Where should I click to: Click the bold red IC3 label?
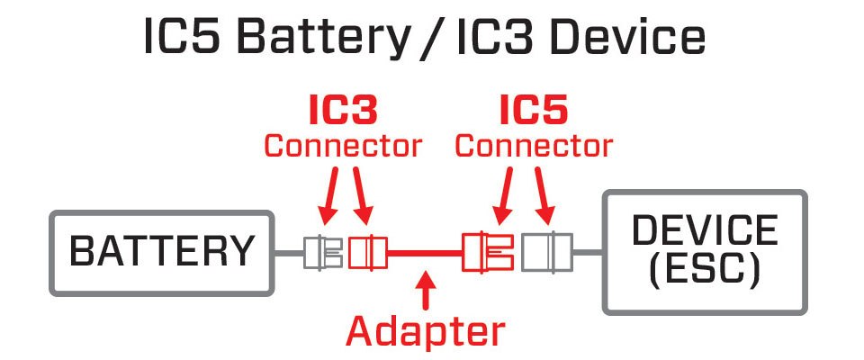342,112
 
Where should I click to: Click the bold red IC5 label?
534,112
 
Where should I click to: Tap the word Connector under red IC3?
342,145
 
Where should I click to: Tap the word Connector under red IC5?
534,145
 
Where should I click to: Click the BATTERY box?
162,252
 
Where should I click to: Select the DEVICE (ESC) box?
704,252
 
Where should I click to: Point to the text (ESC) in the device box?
704,269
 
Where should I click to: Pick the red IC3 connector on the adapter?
367,253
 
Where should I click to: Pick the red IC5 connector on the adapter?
486,253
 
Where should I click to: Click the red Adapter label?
426,332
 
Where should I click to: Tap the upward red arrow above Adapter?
426,292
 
